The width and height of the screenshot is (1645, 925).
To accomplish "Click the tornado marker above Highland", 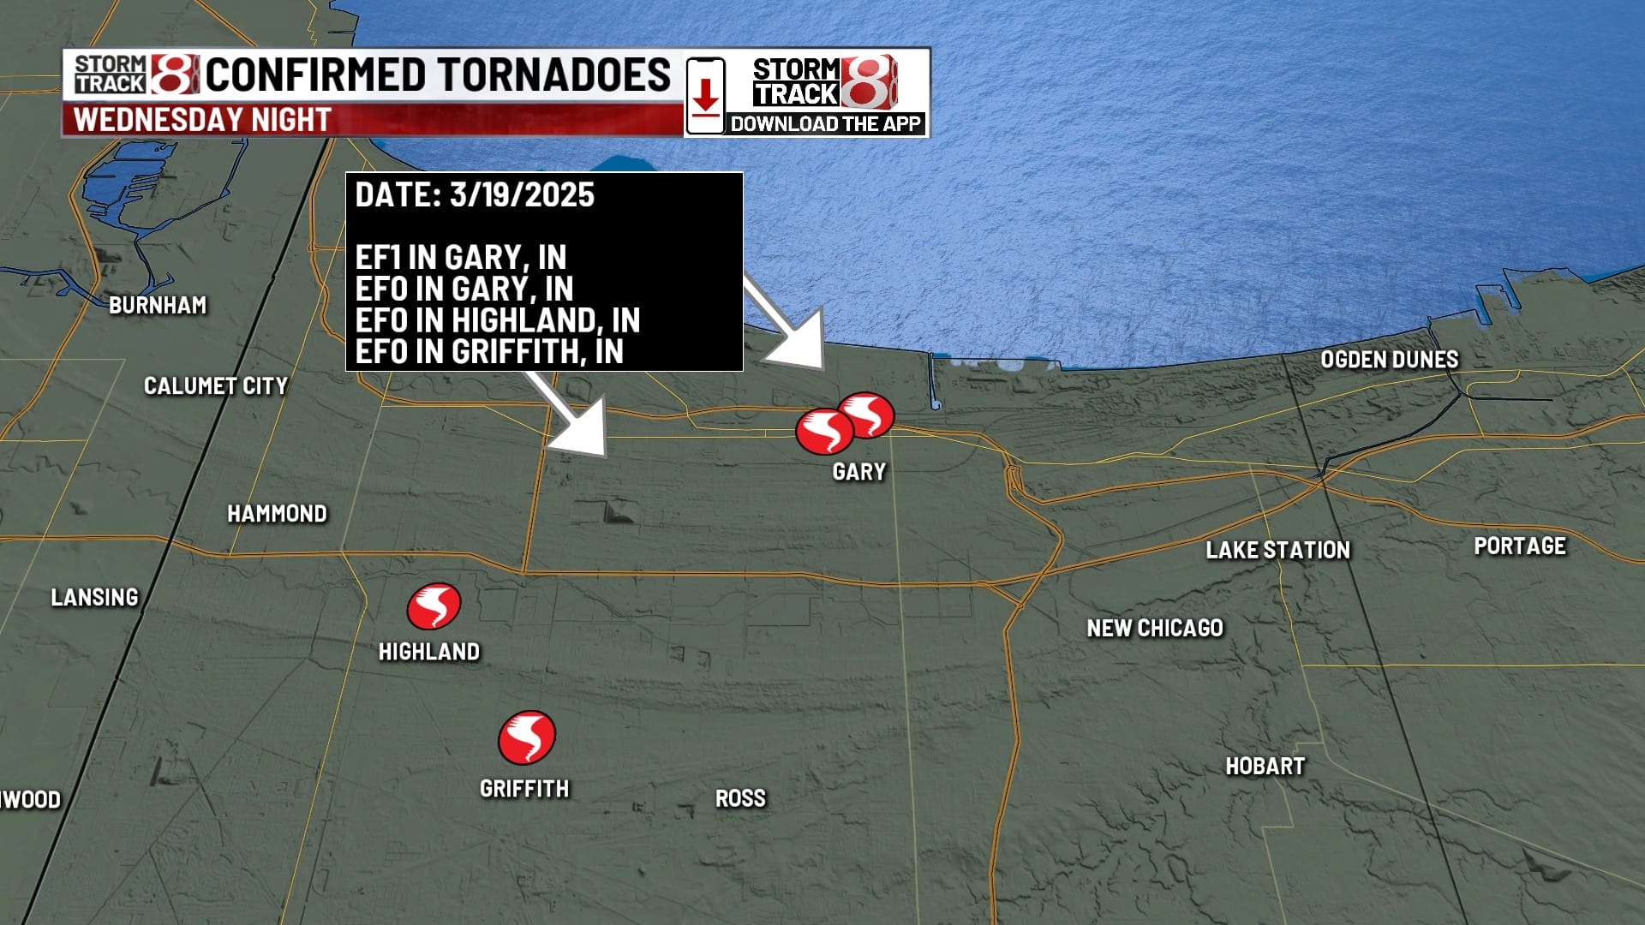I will click(x=434, y=606).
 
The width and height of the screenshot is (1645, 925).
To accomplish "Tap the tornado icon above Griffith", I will click(x=526, y=737).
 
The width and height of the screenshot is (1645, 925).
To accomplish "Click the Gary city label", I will click(x=859, y=472).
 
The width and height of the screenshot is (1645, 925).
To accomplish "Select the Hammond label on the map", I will click(x=277, y=514).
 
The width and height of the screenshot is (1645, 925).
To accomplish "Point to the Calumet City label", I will click(x=215, y=386).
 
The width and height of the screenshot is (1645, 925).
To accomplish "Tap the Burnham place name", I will click(x=158, y=306).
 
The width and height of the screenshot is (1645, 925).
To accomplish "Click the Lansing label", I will click(x=94, y=598).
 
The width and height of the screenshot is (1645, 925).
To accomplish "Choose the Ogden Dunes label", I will click(x=1389, y=360).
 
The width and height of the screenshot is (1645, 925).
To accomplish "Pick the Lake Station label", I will click(x=1277, y=551).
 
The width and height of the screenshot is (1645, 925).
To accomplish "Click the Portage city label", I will click(x=1519, y=546).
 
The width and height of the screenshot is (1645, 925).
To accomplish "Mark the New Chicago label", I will click(x=1154, y=629).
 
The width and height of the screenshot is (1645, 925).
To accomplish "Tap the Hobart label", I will click(x=1265, y=767).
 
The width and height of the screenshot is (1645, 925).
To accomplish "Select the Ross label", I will click(x=740, y=799).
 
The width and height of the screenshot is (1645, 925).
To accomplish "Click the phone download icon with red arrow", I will click(x=705, y=95).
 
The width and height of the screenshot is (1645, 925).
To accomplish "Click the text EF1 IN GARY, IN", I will click(x=460, y=258).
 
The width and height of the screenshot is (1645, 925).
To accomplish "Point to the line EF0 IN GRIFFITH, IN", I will click(x=488, y=352).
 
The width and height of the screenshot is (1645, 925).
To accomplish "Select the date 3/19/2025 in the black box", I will click(x=521, y=195).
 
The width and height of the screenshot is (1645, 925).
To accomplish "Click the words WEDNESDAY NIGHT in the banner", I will click(x=202, y=120).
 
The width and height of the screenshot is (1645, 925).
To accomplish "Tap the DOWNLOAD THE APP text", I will click(x=825, y=124).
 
